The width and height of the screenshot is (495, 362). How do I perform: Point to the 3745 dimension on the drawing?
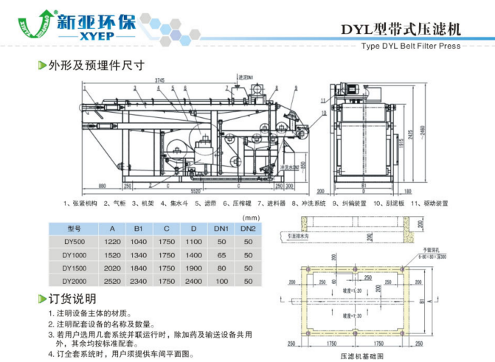(159, 80)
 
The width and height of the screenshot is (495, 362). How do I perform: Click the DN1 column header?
(221, 229)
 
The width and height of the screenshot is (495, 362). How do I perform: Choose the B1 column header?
(138, 229)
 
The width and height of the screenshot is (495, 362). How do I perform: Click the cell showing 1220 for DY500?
(112, 242)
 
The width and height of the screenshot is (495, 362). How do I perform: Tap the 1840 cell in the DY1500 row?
(138, 268)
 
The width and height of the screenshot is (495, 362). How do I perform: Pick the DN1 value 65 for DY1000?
(221, 255)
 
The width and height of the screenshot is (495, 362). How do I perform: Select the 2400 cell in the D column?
(193, 281)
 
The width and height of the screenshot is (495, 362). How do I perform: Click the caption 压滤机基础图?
(361, 355)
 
